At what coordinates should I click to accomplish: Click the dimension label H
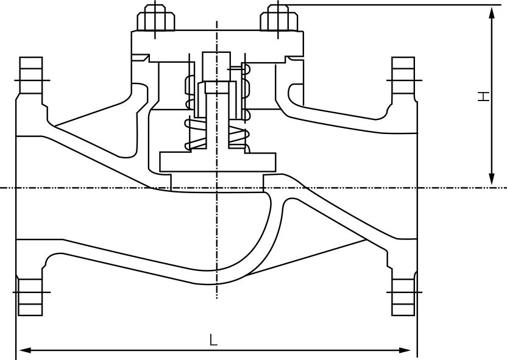(x=483, y=96)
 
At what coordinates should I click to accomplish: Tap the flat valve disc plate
(x=217, y=161)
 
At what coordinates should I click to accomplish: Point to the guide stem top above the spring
(x=216, y=61)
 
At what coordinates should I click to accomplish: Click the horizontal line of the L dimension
(x=122, y=350)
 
